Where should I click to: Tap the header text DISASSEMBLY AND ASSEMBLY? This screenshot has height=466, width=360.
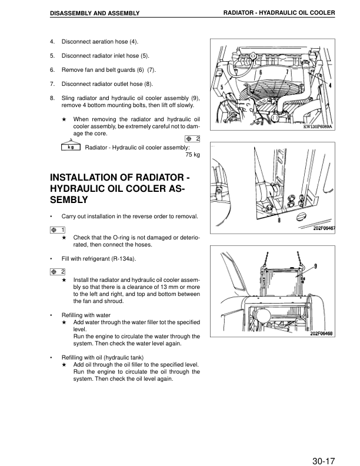click(x=95, y=13)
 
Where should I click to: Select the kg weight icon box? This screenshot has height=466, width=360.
click(x=71, y=147)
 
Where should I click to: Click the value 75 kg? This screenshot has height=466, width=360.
click(x=192, y=155)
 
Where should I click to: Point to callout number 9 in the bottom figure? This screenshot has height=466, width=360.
click(x=316, y=267)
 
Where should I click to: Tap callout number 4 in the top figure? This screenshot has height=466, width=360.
click(x=329, y=85)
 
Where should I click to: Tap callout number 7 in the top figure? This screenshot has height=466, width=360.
click(x=286, y=72)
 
